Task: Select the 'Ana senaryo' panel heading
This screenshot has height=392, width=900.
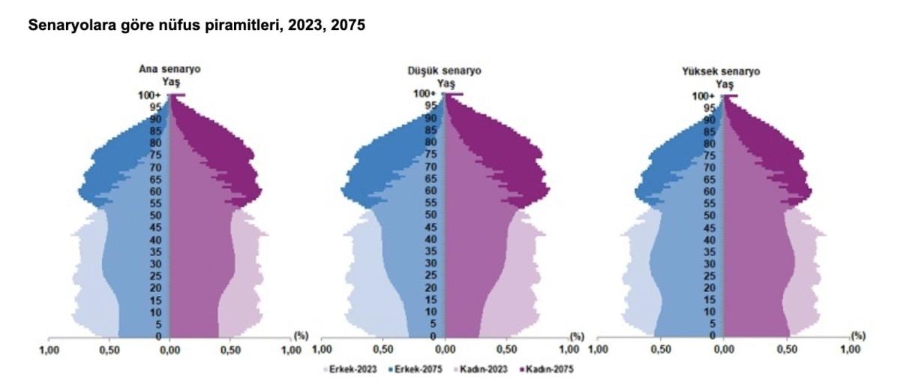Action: click(169, 70)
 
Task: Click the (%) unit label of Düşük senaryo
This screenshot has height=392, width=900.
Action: click(576, 336)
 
